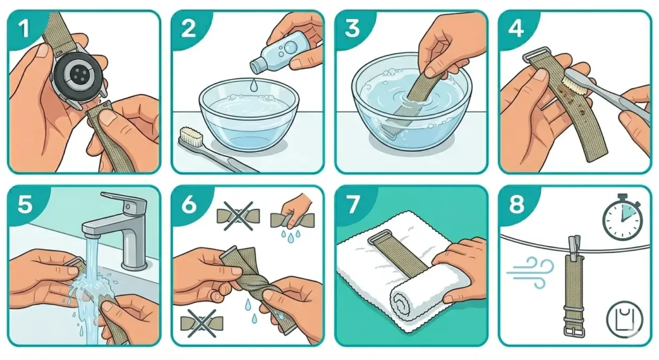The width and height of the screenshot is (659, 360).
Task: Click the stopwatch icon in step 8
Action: click(x=622, y=217)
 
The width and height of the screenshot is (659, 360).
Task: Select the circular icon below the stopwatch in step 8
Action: click(x=622, y=321)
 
